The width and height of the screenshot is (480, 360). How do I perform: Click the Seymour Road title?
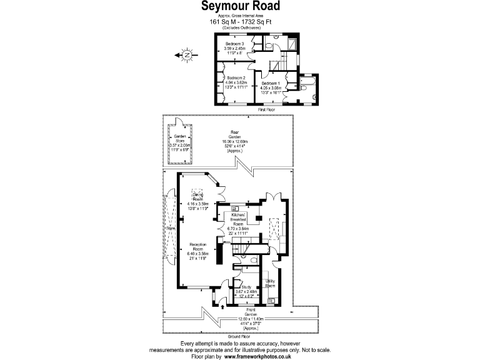[240, 6]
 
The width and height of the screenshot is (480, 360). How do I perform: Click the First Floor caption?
[267, 109]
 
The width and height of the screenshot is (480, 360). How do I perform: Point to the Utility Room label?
[270, 284]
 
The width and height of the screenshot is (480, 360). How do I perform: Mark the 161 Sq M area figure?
[221, 21]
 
